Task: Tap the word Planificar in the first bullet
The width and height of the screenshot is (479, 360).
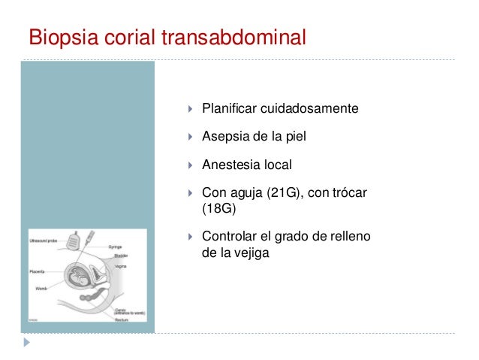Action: (230, 110)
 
